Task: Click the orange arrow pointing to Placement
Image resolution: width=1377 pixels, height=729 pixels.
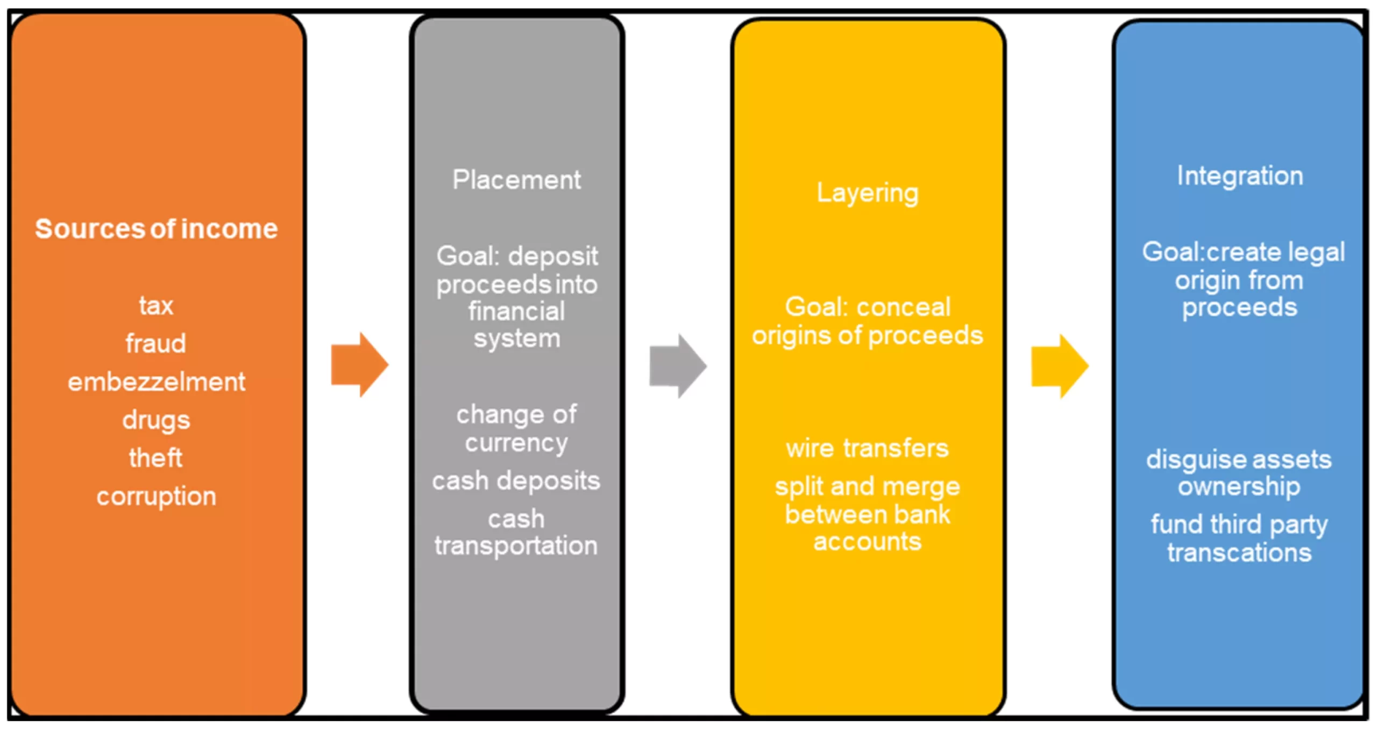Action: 359,365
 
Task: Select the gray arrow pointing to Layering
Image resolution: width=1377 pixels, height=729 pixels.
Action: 678,366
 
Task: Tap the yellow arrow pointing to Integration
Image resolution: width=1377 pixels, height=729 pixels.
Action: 1060,366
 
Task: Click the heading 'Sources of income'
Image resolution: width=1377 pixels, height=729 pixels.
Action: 157,229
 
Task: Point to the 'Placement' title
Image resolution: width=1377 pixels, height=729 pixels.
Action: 516,180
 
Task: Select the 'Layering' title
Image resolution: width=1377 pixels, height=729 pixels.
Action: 868,193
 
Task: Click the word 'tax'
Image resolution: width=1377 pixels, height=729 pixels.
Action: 156,306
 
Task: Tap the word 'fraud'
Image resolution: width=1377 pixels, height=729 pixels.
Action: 156,343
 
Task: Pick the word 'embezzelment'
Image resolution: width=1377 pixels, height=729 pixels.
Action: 157,382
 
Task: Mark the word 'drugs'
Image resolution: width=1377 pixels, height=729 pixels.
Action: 156,420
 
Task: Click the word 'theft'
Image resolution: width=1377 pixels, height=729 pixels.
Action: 156,458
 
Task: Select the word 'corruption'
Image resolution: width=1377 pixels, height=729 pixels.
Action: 157,497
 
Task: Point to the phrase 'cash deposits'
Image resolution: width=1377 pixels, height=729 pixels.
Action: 516,481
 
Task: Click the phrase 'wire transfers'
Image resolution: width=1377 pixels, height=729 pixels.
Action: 867,448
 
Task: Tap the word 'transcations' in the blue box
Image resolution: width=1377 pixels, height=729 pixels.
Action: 1239,553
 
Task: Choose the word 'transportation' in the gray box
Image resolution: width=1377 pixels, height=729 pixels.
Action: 516,546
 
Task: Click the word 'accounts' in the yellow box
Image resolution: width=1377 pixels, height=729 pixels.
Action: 867,542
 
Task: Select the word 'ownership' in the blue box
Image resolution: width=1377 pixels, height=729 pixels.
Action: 1239,487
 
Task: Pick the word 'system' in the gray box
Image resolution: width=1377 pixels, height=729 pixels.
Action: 517,339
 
